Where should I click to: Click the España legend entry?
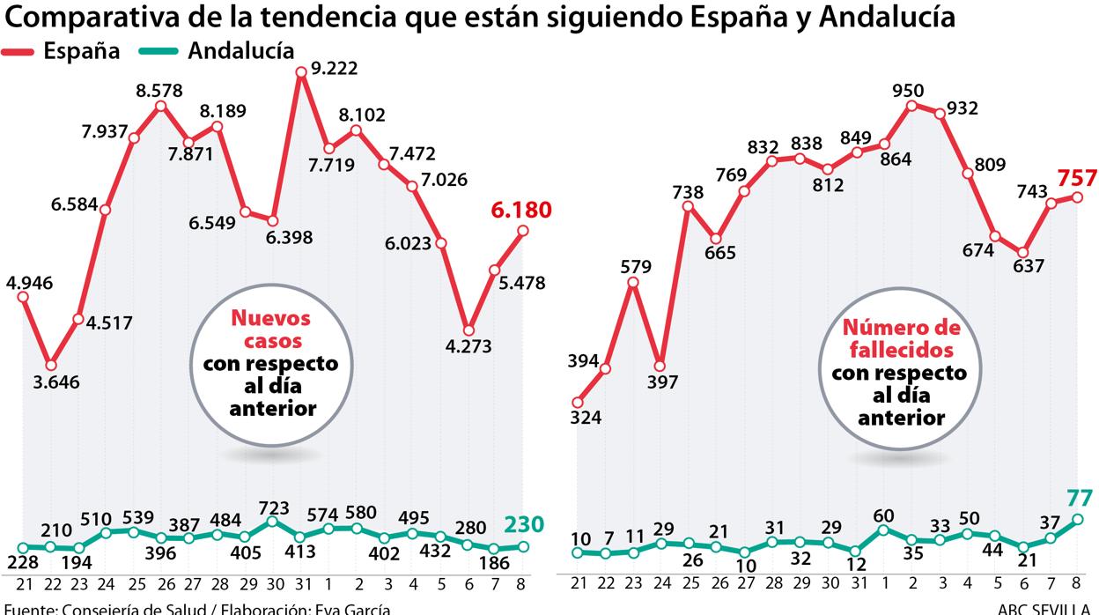81,51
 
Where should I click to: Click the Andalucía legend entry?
240,51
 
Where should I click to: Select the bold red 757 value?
1078,178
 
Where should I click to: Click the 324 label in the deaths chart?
586,418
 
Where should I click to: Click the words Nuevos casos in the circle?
270,330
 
